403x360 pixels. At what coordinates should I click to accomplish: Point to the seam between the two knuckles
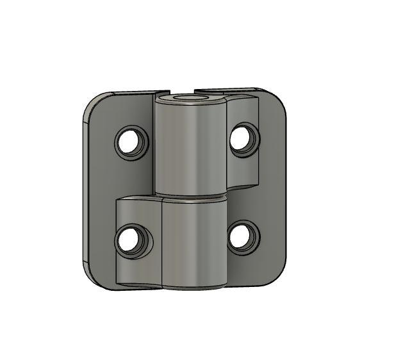pyautogui.click(x=191, y=196)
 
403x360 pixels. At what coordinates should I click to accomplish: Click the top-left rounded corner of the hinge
pyautogui.click(x=95, y=104)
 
